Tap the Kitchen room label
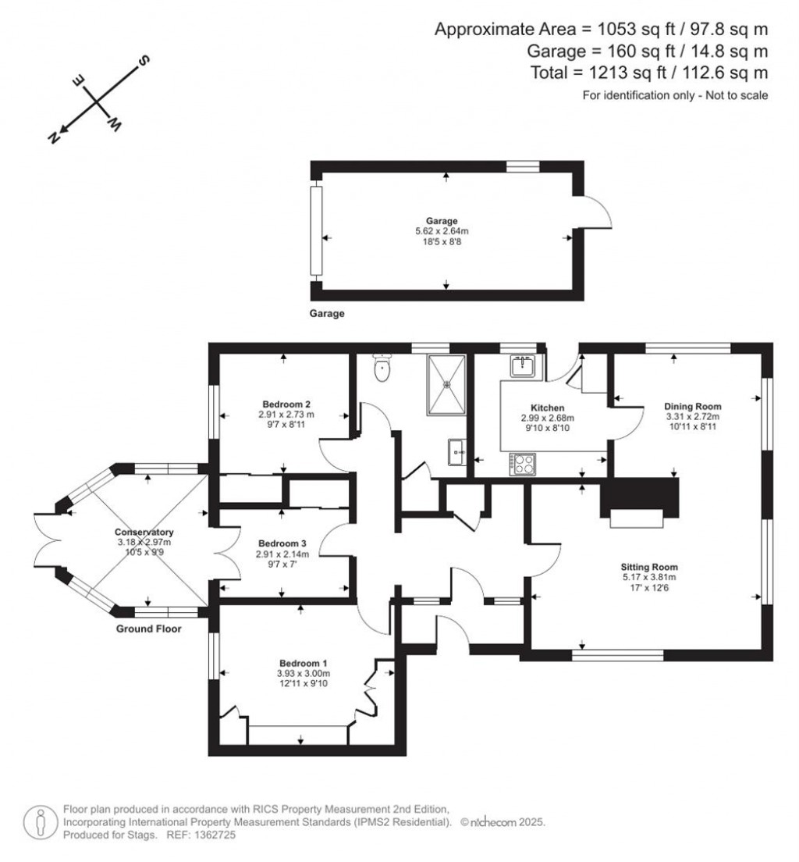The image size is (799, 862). click(547, 408)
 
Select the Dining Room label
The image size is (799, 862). click(692, 406)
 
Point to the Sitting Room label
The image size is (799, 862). click(649, 567)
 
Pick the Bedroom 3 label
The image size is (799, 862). click(282, 543)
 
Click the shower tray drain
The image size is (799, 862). click(447, 383)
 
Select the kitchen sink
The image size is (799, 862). click(522, 365)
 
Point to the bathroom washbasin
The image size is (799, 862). click(456, 451)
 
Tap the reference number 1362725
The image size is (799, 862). click(210, 835)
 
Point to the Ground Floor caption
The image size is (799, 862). click(149, 629)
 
